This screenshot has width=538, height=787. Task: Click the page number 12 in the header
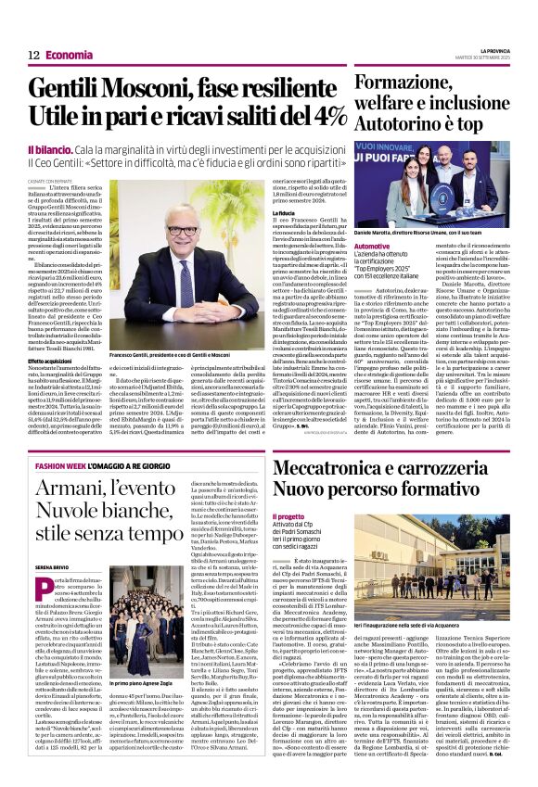pos(34,56)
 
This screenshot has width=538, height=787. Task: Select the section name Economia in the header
pos(70,56)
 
